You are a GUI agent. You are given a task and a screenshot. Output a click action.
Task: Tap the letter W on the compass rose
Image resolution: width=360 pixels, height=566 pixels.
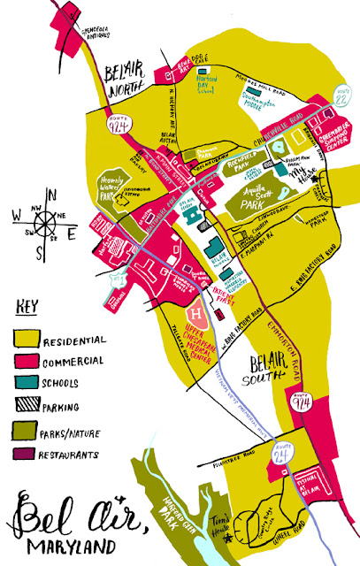18,214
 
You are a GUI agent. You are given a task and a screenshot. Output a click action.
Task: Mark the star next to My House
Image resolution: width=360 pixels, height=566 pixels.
329,180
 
